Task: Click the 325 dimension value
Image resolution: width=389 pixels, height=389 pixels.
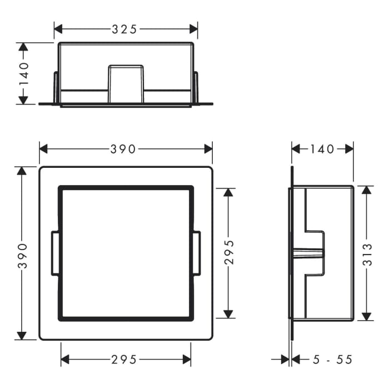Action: [124, 29]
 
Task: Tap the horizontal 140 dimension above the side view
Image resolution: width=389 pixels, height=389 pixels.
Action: [322, 149]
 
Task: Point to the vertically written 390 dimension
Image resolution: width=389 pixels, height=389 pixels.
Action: [23, 255]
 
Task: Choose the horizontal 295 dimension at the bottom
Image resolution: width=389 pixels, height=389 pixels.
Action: [124, 360]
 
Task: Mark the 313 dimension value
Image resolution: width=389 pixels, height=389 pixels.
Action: [366, 253]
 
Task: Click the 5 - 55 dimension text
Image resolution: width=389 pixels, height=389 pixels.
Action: [332, 360]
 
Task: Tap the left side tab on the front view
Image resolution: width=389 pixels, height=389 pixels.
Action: [56, 253]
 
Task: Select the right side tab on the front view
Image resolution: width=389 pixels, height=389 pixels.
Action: [196, 253]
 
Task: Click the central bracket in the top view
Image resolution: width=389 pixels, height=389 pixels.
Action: [126, 84]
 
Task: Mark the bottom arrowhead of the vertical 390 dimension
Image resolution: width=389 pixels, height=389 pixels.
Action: [22, 336]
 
